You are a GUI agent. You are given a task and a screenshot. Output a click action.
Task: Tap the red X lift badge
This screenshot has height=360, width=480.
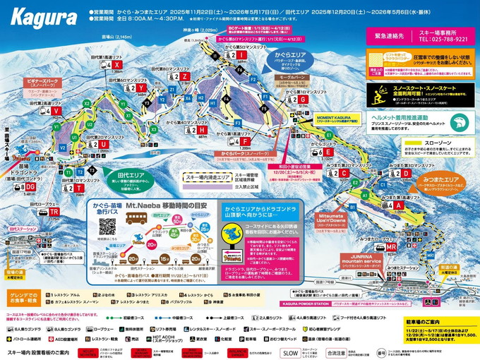pyautogui.click(x=116, y=65)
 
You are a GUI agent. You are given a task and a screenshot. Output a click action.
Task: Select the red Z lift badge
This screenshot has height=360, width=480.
pyautogui.click(x=185, y=77)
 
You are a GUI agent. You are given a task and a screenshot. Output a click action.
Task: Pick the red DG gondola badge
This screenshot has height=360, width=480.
pyautogui.click(x=30, y=186)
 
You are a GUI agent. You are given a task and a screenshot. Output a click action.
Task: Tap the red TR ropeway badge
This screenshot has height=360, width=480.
pyautogui.click(x=54, y=212)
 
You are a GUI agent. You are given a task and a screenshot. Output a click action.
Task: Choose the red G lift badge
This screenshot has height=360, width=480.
pyautogui.click(x=303, y=100)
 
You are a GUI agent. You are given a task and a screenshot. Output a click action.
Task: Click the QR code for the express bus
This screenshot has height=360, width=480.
pyautogui.click(x=107, y=226)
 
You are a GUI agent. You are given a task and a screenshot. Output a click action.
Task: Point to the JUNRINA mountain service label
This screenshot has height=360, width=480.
pyautogui.click(x=361, y=260)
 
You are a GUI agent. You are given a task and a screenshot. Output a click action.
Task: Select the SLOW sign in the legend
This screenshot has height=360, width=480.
pyautogui.click(x=290, y=352)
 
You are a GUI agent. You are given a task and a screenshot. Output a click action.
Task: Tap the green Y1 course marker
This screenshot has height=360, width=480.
pyautogui.click(x=121, y=103)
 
